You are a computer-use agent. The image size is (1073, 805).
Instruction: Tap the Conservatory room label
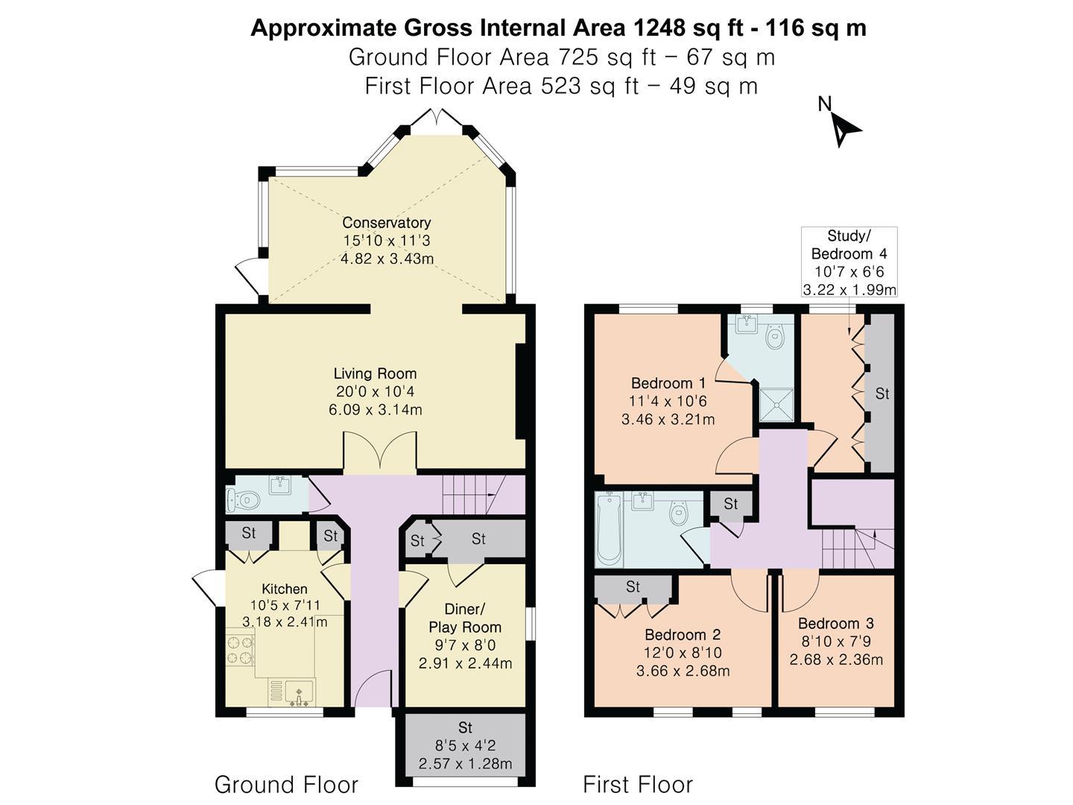coord(387,223)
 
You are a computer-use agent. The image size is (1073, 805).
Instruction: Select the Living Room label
coord(375,373)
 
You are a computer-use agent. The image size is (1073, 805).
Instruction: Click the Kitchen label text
coord(285,589)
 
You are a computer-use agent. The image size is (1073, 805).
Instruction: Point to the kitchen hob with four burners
coord(240,649)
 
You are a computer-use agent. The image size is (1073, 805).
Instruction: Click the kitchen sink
coord(300,692)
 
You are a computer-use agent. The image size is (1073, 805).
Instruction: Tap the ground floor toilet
coord(243,500)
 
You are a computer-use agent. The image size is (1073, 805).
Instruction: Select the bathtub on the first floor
coord(609,529)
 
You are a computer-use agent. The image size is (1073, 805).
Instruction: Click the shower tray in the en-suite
coord(776,405)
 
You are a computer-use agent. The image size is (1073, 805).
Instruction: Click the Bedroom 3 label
coord(836,623)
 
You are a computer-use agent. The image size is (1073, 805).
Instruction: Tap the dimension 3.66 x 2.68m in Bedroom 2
coord(683,671)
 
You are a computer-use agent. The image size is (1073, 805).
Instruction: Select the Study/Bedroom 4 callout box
coord(849,262)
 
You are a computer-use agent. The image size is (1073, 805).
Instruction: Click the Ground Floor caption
coord(286,785)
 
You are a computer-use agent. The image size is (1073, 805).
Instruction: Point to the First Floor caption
coord(638,785)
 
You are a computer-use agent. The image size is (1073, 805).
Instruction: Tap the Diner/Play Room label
coord(465,619)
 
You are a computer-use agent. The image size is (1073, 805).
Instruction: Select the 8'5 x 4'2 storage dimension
coord(465,745)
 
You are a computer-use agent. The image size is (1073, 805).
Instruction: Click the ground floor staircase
coord(474,494)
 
